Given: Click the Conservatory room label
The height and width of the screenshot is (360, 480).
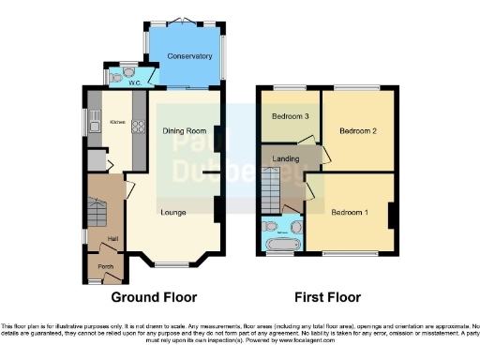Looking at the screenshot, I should tap(184, 57).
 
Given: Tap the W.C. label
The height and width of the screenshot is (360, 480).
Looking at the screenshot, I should tap(135, 82).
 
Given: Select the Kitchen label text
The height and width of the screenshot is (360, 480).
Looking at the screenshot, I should tap(118, 124).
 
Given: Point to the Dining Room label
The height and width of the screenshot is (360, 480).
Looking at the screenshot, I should tap(182, 131).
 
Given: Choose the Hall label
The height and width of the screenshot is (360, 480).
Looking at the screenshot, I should tap(112, 239).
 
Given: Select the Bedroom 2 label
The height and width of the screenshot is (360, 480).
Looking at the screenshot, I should tap(358, 130).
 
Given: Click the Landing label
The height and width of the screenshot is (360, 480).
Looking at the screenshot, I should tap(286, 158).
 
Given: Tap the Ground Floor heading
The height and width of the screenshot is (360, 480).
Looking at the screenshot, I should tap(152, 297).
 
